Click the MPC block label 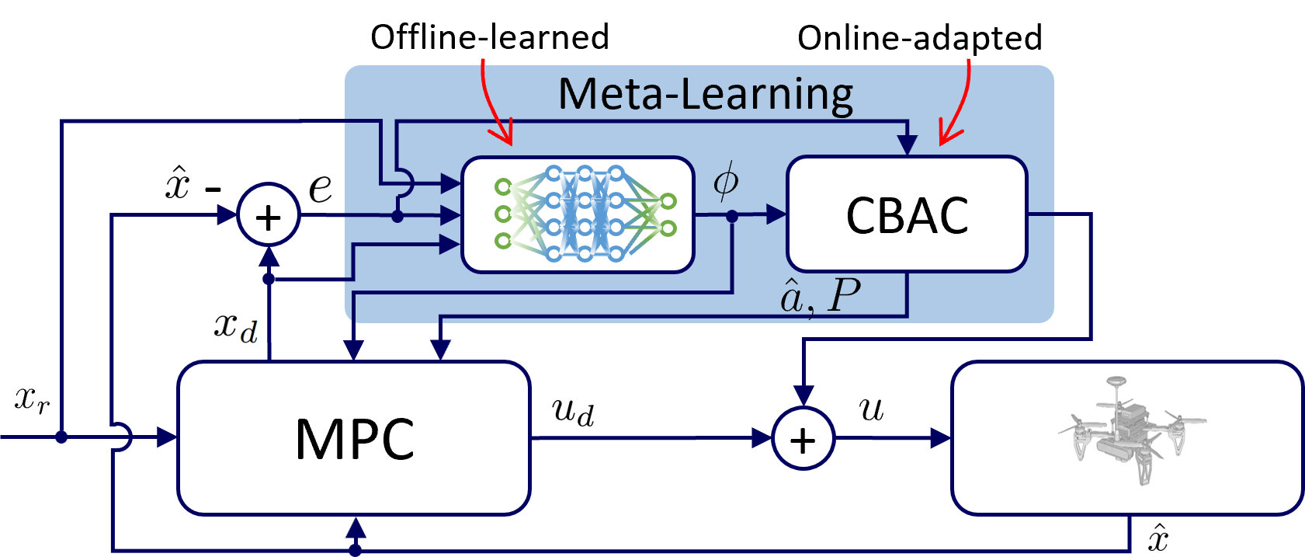pyautogui.click(x=355, y=440)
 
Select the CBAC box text pyautogui.click(x=907, y=215)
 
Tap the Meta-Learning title pyautogui.click(x=705, y=95)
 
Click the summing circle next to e pyautogui.click(x=268, y=215)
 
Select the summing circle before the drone pyautogui.click(x=803, y=439)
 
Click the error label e pyautogui.click(x=322, y=188)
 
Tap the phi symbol pyautogui.click(x=726, y=181)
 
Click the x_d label pyautogui.click(x=236, y=329)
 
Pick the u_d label pyautogui.click(x=573, y=412)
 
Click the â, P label pyautogui.click(x=820, y=296)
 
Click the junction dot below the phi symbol pyautogui.click(x=731, y=216)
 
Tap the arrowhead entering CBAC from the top pyautogui.click(x=907, y=145)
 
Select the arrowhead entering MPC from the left pyautogui.click(x=168, y=438)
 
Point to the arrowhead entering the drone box pyautogui.click(x=941, y=439)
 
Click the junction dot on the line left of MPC pyautogui.click(x=61, y=438)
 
